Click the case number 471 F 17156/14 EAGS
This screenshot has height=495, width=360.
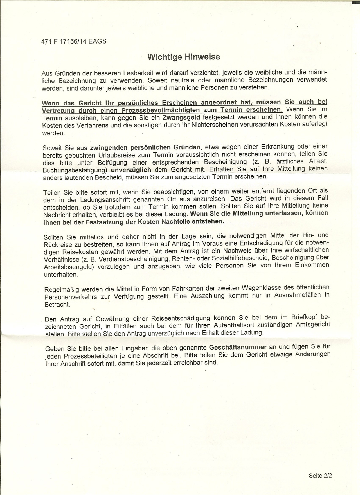pyautogui.click(x=74, y=41)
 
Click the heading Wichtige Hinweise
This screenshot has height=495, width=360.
pyautogui.click(x=184, y=57)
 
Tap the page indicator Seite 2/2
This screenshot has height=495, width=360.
pyautogui.click(x=320, y=476)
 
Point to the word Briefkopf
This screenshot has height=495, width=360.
pyautogui.click(x=304, y=317)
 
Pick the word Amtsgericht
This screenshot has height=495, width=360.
pyautogui.click(x=312, y=325)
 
